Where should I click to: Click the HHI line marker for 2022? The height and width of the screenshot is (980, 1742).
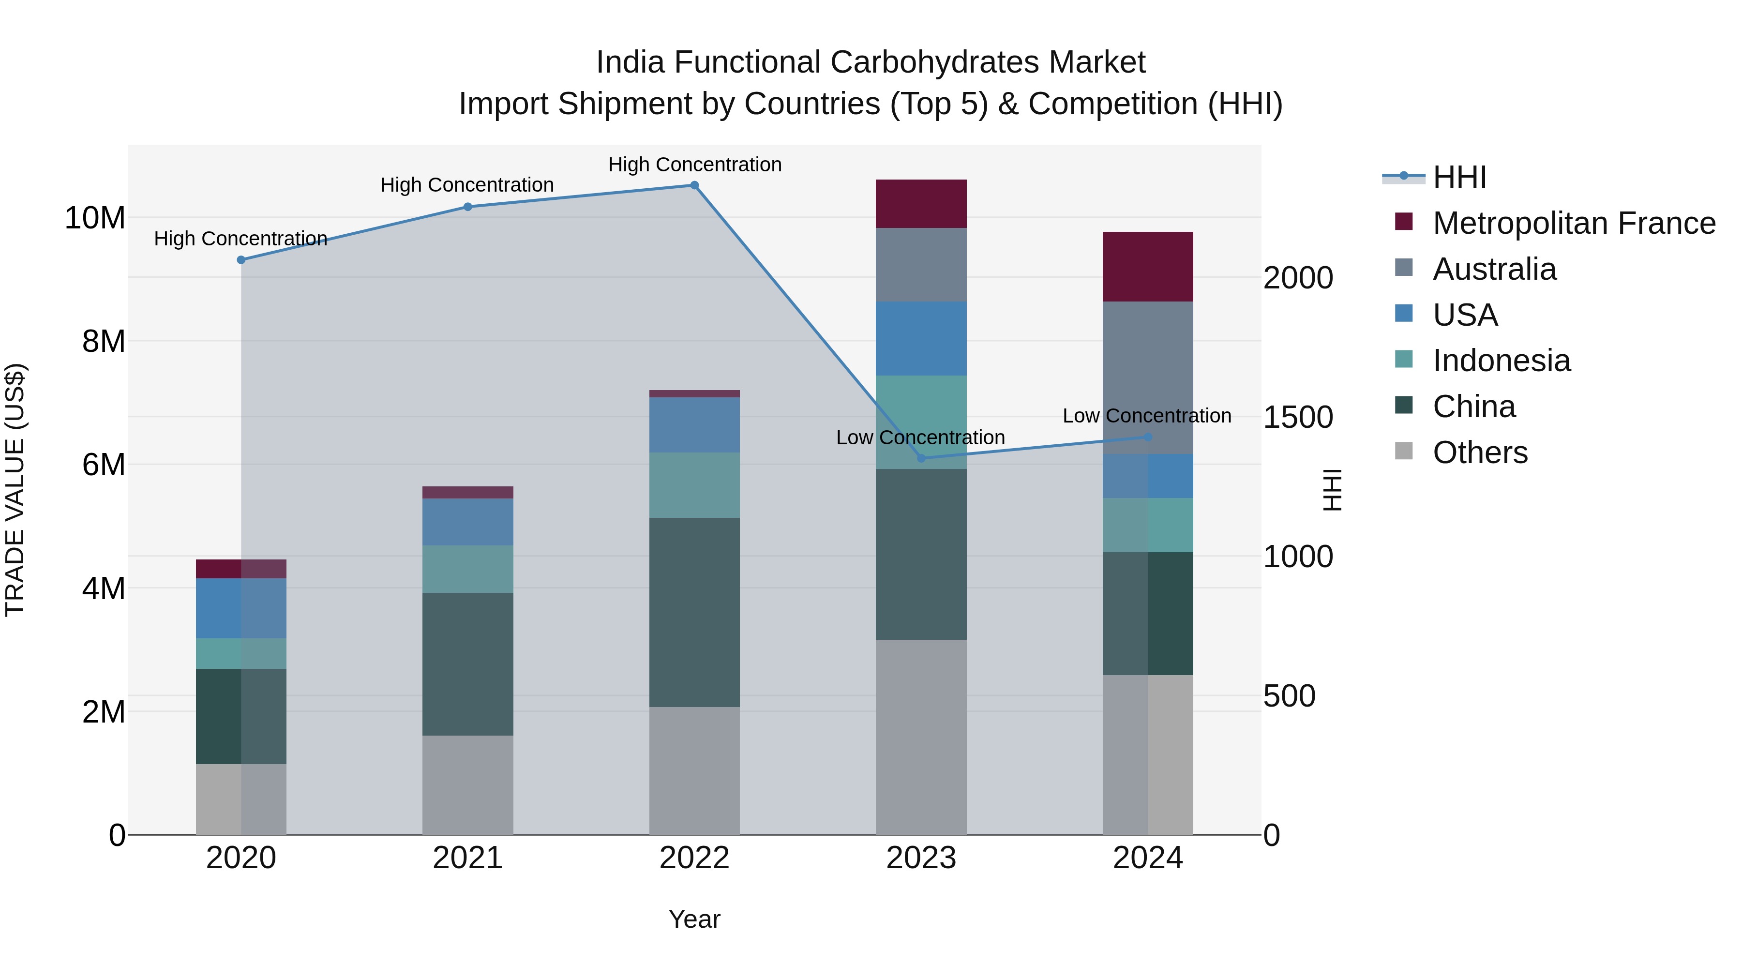pyautogui.click(x=694, y=185)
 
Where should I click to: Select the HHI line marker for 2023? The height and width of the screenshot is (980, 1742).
pyautogui.click(x=921, y=459)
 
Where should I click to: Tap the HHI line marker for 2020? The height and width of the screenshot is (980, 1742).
pyautogui.click(x=241, y=260)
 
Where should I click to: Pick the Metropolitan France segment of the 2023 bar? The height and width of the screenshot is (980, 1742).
pyautogui.click(x=921, y=204)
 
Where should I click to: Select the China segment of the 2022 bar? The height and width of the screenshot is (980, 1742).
pyautogui.click(x=694, y=612)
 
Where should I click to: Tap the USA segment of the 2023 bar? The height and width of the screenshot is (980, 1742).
pyautogui.click(x=921, y=338)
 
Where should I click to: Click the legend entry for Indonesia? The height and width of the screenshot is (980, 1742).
pyautogui.click(x=1501, y=361)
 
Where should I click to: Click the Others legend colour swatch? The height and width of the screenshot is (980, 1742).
pyautogui.click(x=1404, y=451)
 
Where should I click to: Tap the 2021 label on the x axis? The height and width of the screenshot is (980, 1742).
pyautogui.click(x=467, y=858)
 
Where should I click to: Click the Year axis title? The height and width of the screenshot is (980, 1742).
pyautogui.click(x=694, y=919)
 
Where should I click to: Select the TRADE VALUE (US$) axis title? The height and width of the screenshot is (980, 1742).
pyautogui.click(x=15, y=490)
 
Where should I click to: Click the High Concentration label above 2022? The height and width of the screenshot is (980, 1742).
pyautogui.click(x=694, y=165)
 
